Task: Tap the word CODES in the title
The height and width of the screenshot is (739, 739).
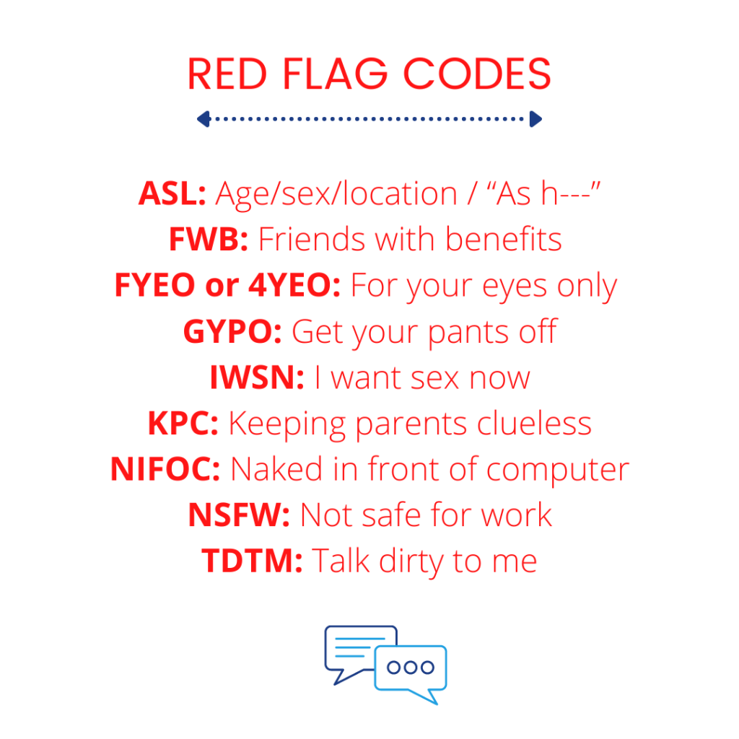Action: pyautogui.click(x=477, y=74)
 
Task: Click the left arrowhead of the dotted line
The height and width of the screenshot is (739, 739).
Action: pyautogui.click(x=204, y=119)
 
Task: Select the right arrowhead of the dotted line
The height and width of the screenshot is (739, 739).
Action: pyautogui.click(x=535, y=119)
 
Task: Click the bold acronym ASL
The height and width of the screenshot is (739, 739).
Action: pyautogui.click(x=172, y=193)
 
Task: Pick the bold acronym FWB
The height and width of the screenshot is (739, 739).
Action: pyautogui.click(x=209, y=239)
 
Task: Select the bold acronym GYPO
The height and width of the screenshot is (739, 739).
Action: pyautogui.click(x=232, y=331)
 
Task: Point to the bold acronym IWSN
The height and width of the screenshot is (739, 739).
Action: pyautogui.click(x=257, y=377)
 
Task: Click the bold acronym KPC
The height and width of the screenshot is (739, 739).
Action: pyautogui.click(x=183, y=423)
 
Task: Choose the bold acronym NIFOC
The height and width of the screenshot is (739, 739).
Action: pyautogui.click(x=165, y=469)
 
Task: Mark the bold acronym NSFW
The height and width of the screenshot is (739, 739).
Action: pyautogui.click(x=239, y=515)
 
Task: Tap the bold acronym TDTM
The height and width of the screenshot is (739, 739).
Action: pyautogui.click(x=252, y=561)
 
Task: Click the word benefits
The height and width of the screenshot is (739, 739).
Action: pyautogui.click(x=503, y=239)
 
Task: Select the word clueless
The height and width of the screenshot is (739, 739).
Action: pyautogui.click(x=534, y=423)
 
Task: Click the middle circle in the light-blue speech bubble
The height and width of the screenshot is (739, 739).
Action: pyautogui.click(x=411, y=667)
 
